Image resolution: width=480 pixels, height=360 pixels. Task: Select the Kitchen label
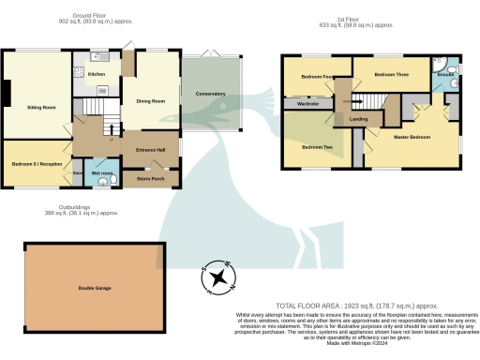96,75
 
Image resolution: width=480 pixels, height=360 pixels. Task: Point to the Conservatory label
210,94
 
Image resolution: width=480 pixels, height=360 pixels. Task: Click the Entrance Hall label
151,150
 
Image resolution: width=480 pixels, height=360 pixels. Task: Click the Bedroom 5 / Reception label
37,163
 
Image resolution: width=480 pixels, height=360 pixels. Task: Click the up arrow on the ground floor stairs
112,129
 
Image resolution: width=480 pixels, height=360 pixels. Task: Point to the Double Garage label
82,288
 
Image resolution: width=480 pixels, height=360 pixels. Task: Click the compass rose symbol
219,277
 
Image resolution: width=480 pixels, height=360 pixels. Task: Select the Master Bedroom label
412,138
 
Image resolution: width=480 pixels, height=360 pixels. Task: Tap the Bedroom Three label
391,74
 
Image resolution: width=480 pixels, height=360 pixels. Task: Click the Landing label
358,119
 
